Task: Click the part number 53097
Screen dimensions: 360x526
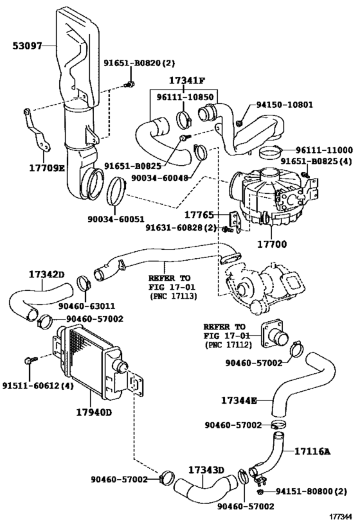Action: pyautogui.click(x=27, y=46)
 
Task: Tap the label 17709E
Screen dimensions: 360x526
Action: pyautogui.click(x=46, y=167)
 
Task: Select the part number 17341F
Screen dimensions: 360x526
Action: pyautogui.click(x=186, y=80)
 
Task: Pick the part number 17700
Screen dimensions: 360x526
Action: pyautogui.click(x=272, y=244)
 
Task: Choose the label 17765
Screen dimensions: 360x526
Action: pyautogui.click(x=199, y=215)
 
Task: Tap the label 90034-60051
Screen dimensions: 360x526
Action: pyautogui.click(x=116, y=219)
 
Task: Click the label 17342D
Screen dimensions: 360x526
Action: pyautogui.click(x=46, y=274)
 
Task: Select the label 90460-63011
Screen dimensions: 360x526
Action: pyautogui.click(x=87, y=306)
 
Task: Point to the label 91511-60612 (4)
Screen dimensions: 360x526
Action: pyautogui.click(x=38, y=386)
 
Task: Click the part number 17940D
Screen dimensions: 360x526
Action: pyautogui.click(x=93, y=412)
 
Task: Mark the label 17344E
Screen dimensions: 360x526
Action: pyautogui.click(x=239, y=400)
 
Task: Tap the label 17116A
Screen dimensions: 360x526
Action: pyautogui.click(x=312, y=451)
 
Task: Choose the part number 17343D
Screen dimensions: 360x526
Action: pyautogui.click(x=206, y=470)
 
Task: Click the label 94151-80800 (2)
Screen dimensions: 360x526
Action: pyautogui.click(x=311, y=491)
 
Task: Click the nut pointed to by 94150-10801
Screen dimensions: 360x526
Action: pyautogui.click(x=239, y=123)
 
